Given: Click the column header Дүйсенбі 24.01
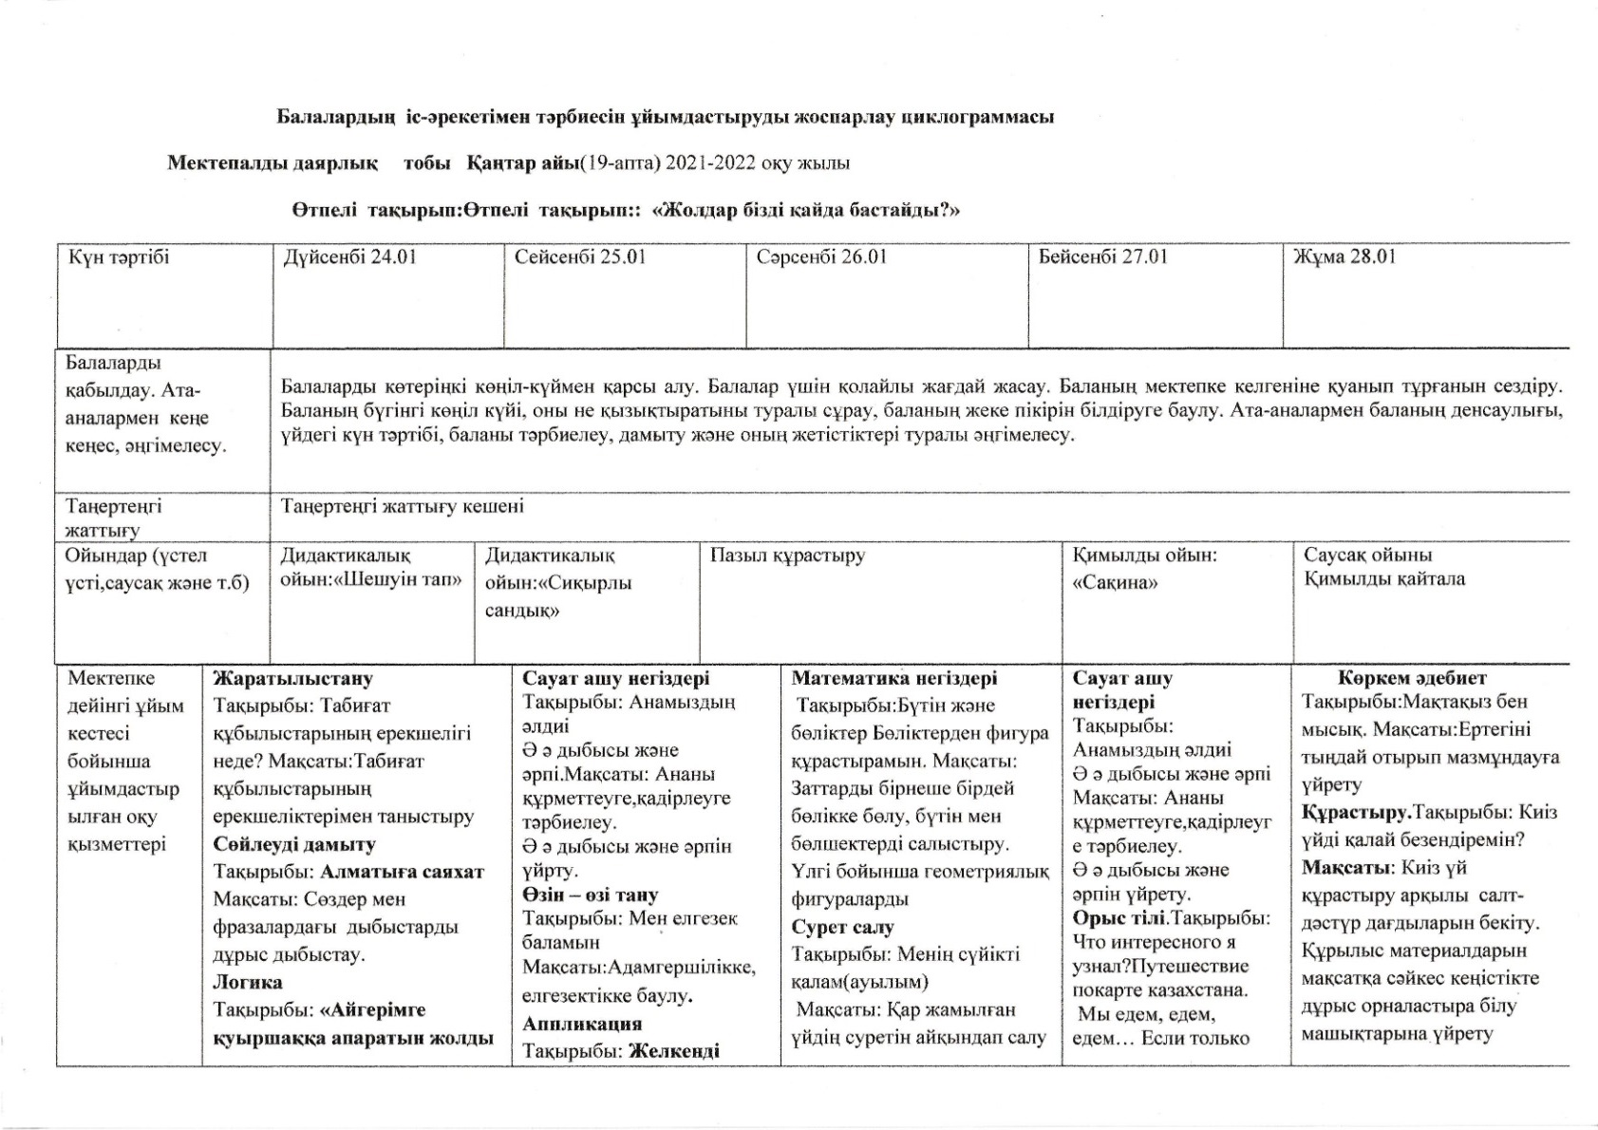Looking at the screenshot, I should pyautogui.click(x=349, y=256).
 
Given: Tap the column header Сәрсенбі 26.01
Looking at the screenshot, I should pyautogui.click(x=821, y=256).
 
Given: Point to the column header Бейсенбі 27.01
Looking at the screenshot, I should pyautogui.click(x=1102, y=256).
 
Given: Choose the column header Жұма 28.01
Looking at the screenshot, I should pyautogui.click(x=1344, y=256).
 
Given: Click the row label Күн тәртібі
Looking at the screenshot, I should pyautogui.click(x=119, y=256).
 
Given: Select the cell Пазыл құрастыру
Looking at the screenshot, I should pyautogui.click(x=787, y=556).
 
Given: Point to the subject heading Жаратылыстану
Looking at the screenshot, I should pyautogui.click(x=293, y=678).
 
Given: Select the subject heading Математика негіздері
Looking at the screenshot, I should pyautogui.click(x=894, y=678).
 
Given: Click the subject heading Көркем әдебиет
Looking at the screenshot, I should pyautogui.click(x=1412, y=678).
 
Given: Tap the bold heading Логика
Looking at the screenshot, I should pyautogui.click(x=248, y=982).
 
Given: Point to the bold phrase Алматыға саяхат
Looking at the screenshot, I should pyautogui.click(x=403, y=872).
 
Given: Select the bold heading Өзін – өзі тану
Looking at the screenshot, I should pyautogui.click(x=590, y=895).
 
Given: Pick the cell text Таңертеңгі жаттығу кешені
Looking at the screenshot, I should pyautogui.click(x=402, y=506).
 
